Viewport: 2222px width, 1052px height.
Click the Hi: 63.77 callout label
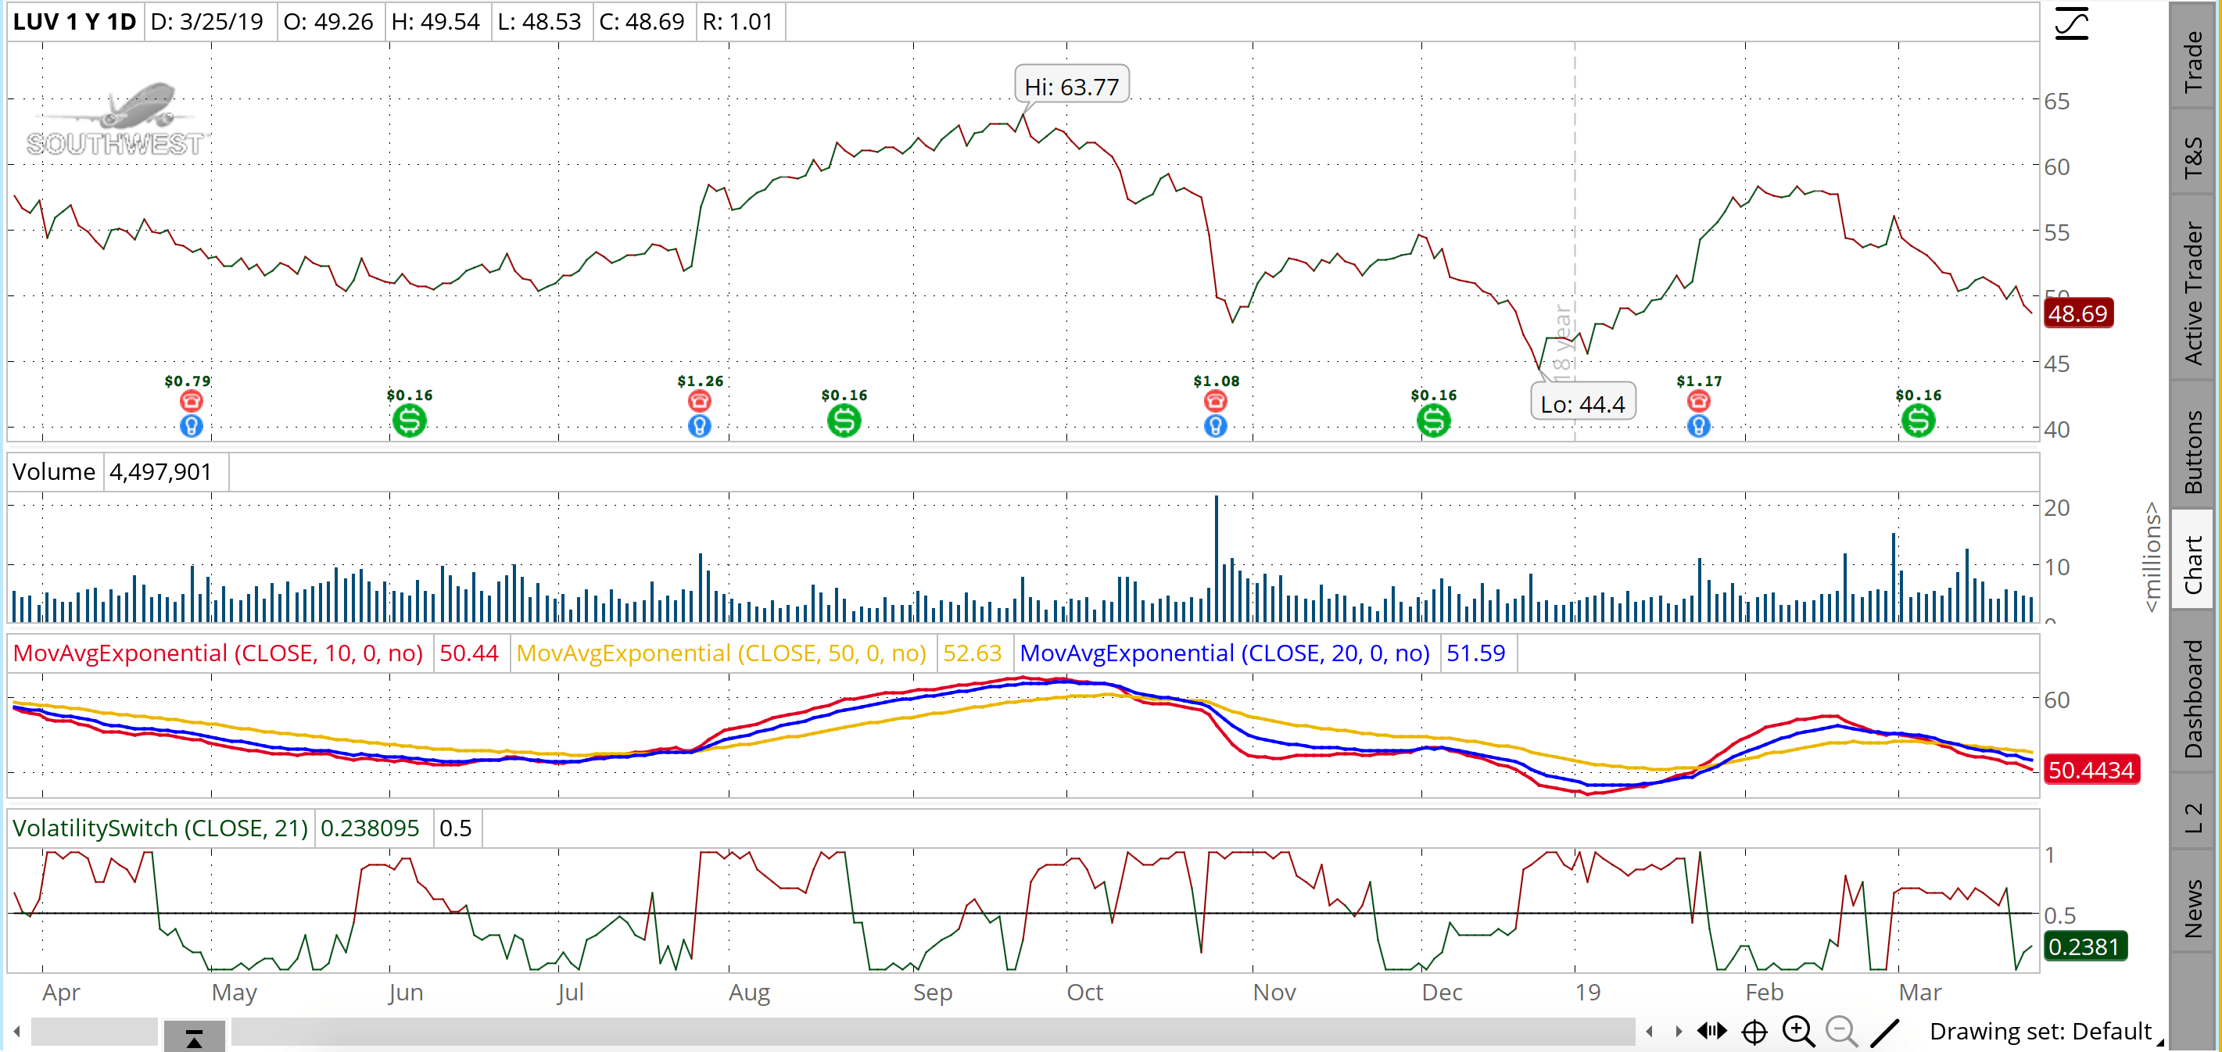(1071, 86)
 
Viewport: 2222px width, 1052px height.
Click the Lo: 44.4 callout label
(1582, 403)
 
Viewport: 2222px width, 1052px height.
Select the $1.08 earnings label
(1217, 381)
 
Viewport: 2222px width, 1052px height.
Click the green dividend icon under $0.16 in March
(1919, 420)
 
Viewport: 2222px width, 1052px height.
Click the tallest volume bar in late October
(1217, 558)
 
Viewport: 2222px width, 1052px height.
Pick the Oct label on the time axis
(1085, 993)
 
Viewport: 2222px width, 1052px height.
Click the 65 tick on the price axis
(2056, 101)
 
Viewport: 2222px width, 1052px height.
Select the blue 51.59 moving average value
(1476, 653)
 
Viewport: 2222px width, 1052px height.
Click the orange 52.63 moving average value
(972, 653)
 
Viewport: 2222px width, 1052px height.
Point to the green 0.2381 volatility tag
(2084, 946)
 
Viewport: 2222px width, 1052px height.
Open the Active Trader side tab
(2192, 294)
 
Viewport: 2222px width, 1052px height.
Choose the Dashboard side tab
(2192, 699)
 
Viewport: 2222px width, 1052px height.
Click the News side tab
(2192, 908)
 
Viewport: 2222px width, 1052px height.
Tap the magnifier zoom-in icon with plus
(1798, 1032)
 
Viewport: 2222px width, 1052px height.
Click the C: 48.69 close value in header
(642, 22)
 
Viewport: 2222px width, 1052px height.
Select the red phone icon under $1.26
(700, 400)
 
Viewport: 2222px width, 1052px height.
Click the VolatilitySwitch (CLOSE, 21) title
(160, 828)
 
